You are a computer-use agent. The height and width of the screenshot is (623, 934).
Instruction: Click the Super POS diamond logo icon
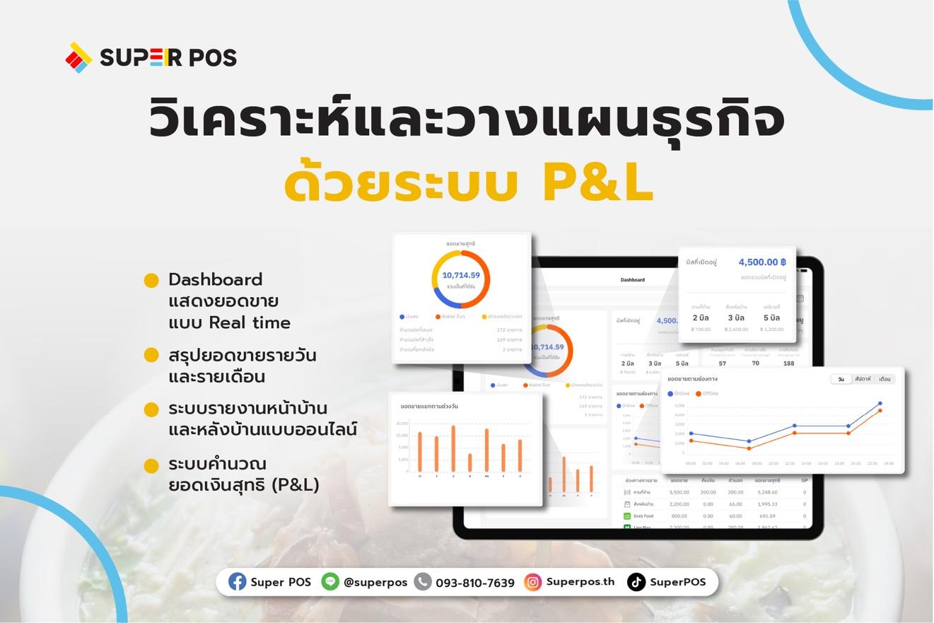click(78, 57)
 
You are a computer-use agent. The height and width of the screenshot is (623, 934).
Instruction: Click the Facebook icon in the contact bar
click(237, 582)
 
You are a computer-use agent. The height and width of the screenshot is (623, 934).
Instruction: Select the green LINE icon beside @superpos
click(329, 581)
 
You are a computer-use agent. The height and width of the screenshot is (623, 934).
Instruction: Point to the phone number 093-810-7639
click(474, 583)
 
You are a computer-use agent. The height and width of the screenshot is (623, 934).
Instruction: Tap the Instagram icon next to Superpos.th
click(532, 582)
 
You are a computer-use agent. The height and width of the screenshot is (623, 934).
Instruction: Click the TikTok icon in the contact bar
click(636, 582)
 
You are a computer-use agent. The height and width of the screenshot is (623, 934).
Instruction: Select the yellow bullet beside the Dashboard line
click(151, 281)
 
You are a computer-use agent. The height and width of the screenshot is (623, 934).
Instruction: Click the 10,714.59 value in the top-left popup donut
click(461, 275)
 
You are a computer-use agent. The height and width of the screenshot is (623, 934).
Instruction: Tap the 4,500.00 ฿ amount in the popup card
click(761, 262)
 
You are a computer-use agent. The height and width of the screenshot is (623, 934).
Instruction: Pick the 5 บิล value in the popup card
click(771, 318)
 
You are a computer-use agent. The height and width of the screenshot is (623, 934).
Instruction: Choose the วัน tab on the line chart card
click(840, 379)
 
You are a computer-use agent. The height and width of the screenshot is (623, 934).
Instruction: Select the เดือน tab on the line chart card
click(885, 379)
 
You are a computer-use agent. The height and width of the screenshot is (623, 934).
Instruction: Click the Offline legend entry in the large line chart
click(707, 393)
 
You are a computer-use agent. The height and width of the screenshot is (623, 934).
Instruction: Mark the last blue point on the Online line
click(880, 404)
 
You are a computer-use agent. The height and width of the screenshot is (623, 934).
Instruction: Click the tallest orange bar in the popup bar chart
click(453, 448)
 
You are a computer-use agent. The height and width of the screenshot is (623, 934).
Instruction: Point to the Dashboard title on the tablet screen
click(632, 280)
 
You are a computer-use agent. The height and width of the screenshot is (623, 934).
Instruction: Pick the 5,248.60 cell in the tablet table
click(766, 492)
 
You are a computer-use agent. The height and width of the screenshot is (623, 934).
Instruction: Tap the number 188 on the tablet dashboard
click(788, 363)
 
